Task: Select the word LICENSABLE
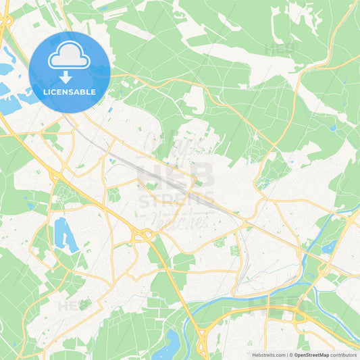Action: point(69,92)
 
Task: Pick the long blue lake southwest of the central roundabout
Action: point(65,234)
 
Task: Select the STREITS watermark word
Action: point(177,201)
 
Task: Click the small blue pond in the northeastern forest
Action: point(332,127)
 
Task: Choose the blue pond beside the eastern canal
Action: point(329,247)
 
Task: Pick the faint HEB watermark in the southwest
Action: point(74,305)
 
